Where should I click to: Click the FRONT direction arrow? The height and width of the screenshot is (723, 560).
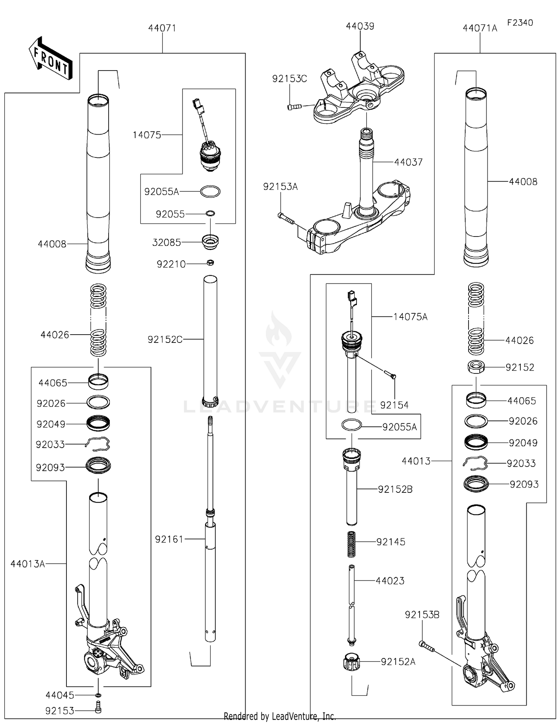pyautogui.click(x=50, y=59)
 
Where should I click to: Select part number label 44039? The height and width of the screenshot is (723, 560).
pyautogui.click(x=360, y=26)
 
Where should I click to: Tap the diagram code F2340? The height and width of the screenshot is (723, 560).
pyautogui.click(x=520, y=22)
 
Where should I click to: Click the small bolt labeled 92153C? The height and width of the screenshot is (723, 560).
pyautogui.click(x=294, y=107)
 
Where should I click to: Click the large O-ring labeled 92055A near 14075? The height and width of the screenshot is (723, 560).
pyautogui.click(x=210, y=191)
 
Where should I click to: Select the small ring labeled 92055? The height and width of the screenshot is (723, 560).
pyautogui.click(x=210, y=214)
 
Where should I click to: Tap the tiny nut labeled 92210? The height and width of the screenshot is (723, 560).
pyautogui.click(x=210, y=263)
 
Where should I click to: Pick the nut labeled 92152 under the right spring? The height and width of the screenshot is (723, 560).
pyautogui.click(x=476, y=367)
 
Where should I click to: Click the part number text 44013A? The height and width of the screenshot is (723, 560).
pyautogui.click(x=28, y=564)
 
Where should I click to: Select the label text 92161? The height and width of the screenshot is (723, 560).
pyautogui.click(x=169, y=539)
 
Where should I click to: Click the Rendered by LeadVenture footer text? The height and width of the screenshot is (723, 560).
pyautogui.click(x=280, y=716)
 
